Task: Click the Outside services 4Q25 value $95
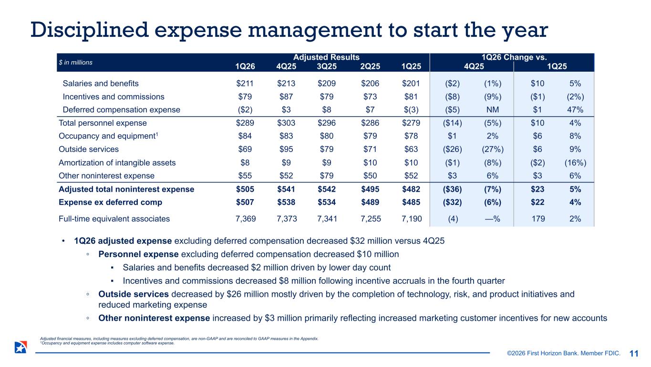286,149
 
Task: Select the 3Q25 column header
328,66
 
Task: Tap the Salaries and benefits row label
101,83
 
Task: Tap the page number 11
634,354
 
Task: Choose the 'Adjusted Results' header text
327,57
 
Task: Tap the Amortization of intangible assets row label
117,162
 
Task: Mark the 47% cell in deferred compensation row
575,109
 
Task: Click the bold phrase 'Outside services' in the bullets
126,294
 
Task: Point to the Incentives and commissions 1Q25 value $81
411,97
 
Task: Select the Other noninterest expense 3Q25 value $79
327,175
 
